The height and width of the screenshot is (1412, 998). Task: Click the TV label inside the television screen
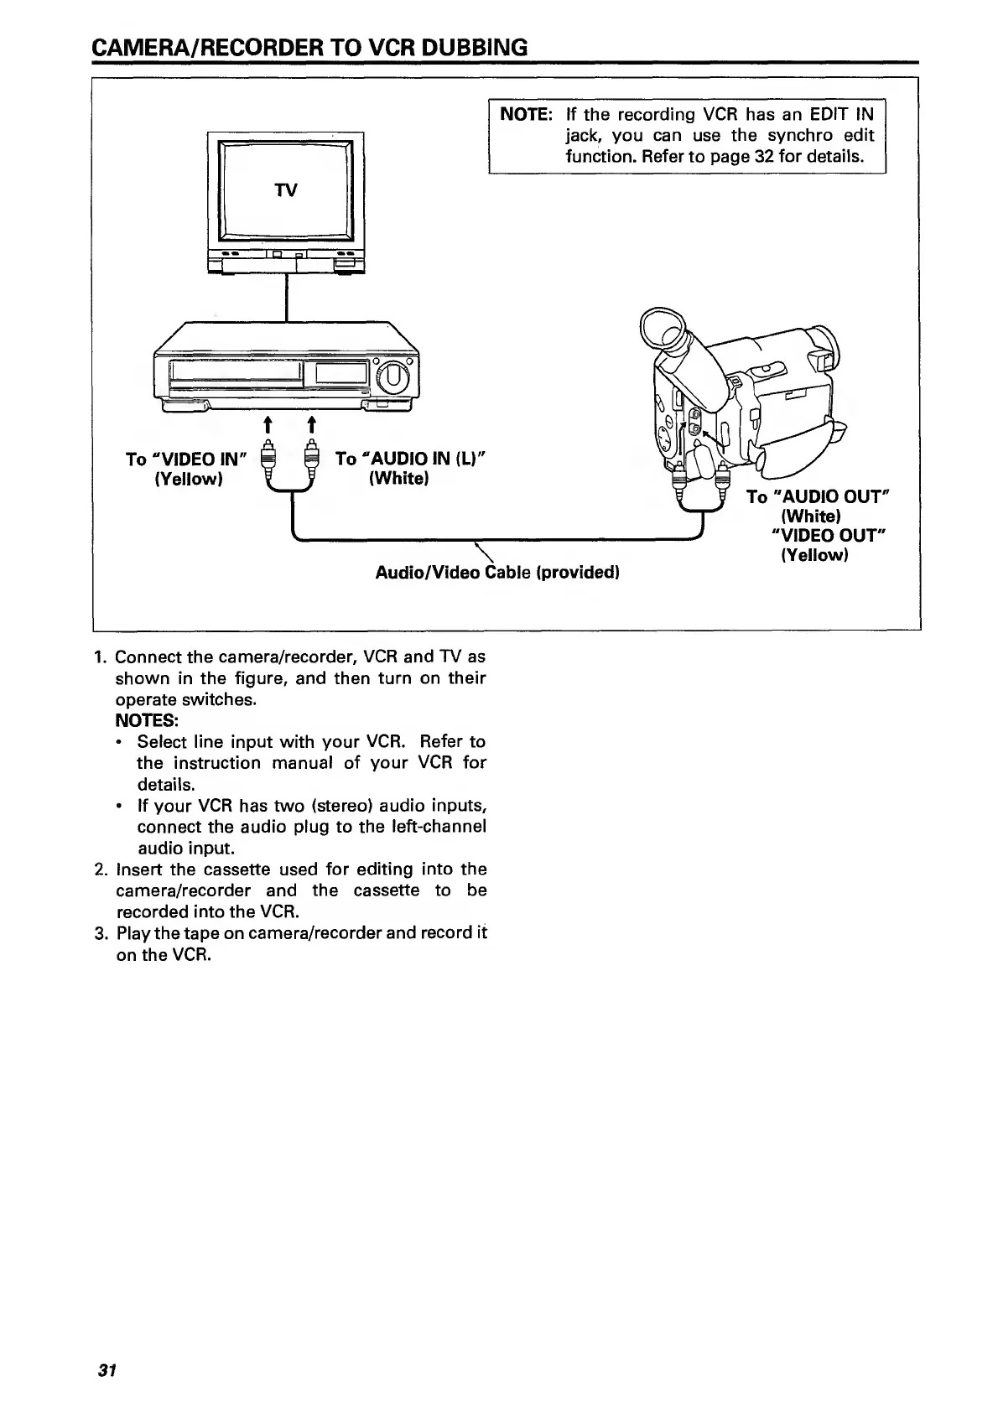pos(286,190)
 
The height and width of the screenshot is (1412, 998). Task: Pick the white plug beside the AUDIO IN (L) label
pos(311,461)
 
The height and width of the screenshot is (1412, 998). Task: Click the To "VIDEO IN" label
pos(185,459)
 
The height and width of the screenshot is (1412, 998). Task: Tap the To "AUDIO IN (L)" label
pos(411,459)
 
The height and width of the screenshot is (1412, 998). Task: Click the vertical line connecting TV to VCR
pos(288,298)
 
